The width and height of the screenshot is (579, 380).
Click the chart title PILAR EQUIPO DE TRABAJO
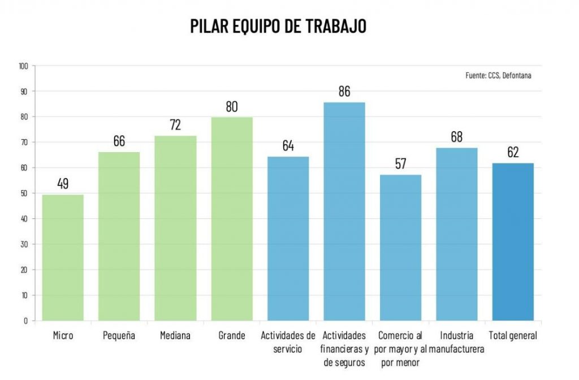(279, 26)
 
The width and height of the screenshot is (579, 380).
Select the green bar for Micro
(63, 257)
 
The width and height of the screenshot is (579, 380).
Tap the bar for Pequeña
(119, 236)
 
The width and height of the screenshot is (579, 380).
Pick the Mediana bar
(175, 228)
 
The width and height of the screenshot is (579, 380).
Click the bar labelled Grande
(231, 218)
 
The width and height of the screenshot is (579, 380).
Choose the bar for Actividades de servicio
(288, 238)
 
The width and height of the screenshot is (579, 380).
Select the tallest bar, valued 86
(344, 211)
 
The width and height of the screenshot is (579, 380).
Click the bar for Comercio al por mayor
(400, 247)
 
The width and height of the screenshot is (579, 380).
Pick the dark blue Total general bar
(513, 241)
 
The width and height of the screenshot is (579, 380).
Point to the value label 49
(63, 184)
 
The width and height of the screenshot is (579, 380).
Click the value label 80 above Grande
(231, 106)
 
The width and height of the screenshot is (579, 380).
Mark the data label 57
(400, 164)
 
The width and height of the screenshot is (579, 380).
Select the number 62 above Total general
(513, 153)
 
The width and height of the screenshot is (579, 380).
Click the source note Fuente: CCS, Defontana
(498, 75)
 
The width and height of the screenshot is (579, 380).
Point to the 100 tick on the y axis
(23, 66)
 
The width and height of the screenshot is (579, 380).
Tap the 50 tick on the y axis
(25, 193)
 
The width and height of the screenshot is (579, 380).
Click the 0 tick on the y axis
(27, 321)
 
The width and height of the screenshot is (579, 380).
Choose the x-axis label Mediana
(175, 336)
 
